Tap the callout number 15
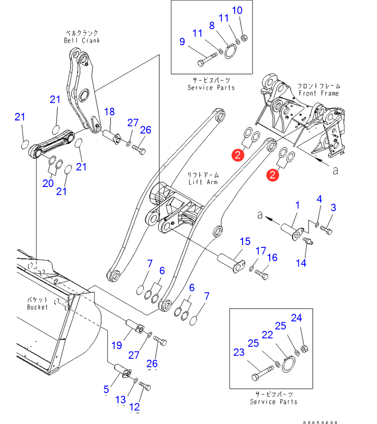tap(245, 242)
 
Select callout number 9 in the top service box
tap(182, 42)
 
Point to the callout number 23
tap(239, 352)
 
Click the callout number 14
tap(301, 263)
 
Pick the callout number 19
tap(116, 345)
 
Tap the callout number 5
tap(106, 389)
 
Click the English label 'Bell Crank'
tap(82, 40)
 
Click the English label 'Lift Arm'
tap(201, 181)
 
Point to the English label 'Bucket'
tap(37, 307)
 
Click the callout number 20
tap(48, 183)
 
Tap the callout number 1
tap(297, 205)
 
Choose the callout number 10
tap(237, 10)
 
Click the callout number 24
tap(296, 318)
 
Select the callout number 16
tap(272, 257)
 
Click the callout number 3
tap(334, 208)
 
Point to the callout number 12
tap(135, 407)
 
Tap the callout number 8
tap(212, 25)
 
